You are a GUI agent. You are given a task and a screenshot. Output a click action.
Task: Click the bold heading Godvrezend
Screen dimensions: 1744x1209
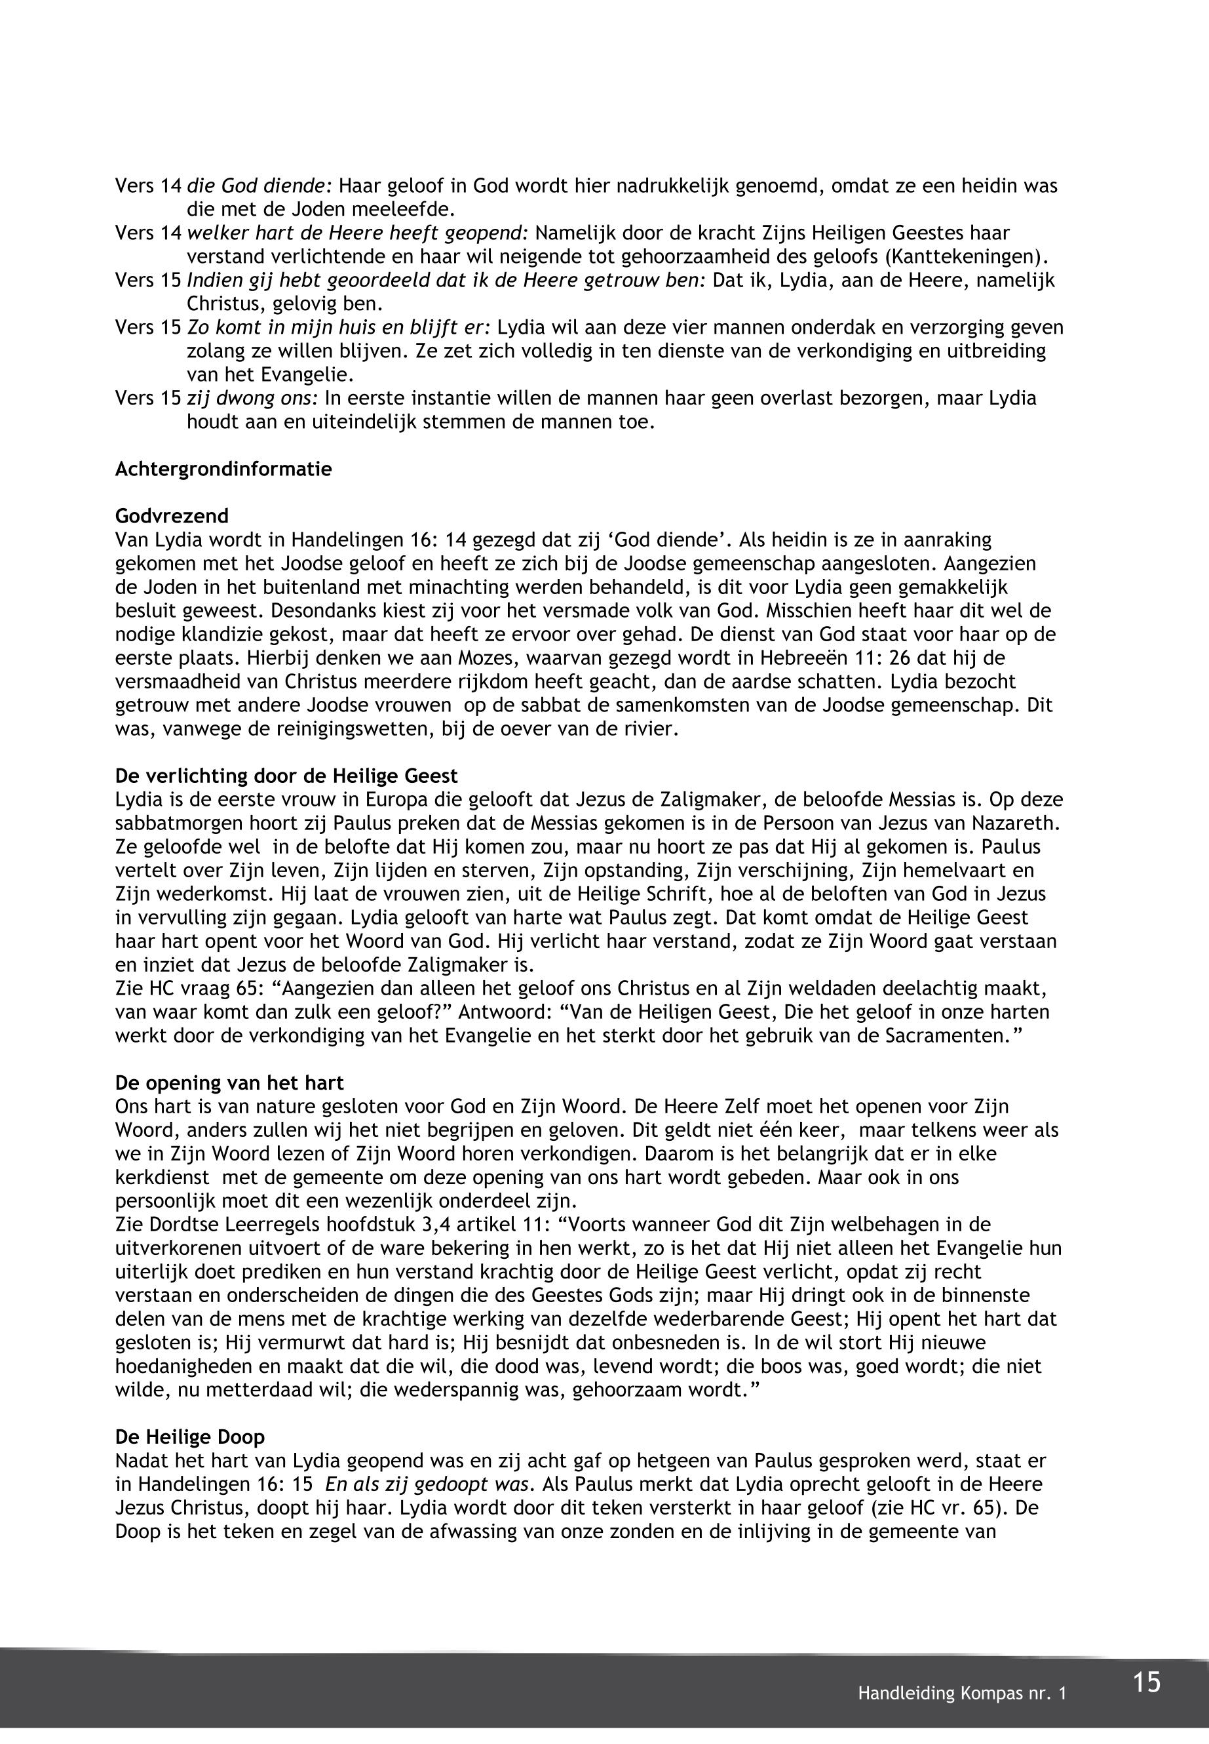click(x=172, y=516)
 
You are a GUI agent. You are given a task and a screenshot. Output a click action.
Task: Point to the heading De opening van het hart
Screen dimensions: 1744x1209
click(x=229, y=1083)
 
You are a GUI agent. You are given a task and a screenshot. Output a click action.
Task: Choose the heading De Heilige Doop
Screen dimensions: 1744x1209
click(x=190, y=1437)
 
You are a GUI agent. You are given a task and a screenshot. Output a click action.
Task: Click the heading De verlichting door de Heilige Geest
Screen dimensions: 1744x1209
click(x=286, y=776)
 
